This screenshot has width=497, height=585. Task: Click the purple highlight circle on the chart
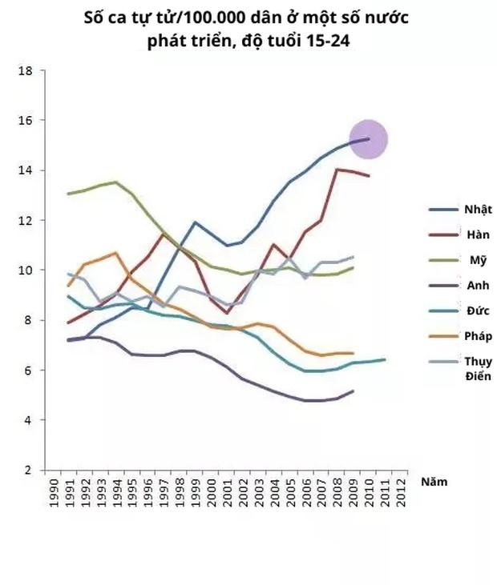[x=369, y=139]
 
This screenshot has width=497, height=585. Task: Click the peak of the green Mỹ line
[x=115, y=182]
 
